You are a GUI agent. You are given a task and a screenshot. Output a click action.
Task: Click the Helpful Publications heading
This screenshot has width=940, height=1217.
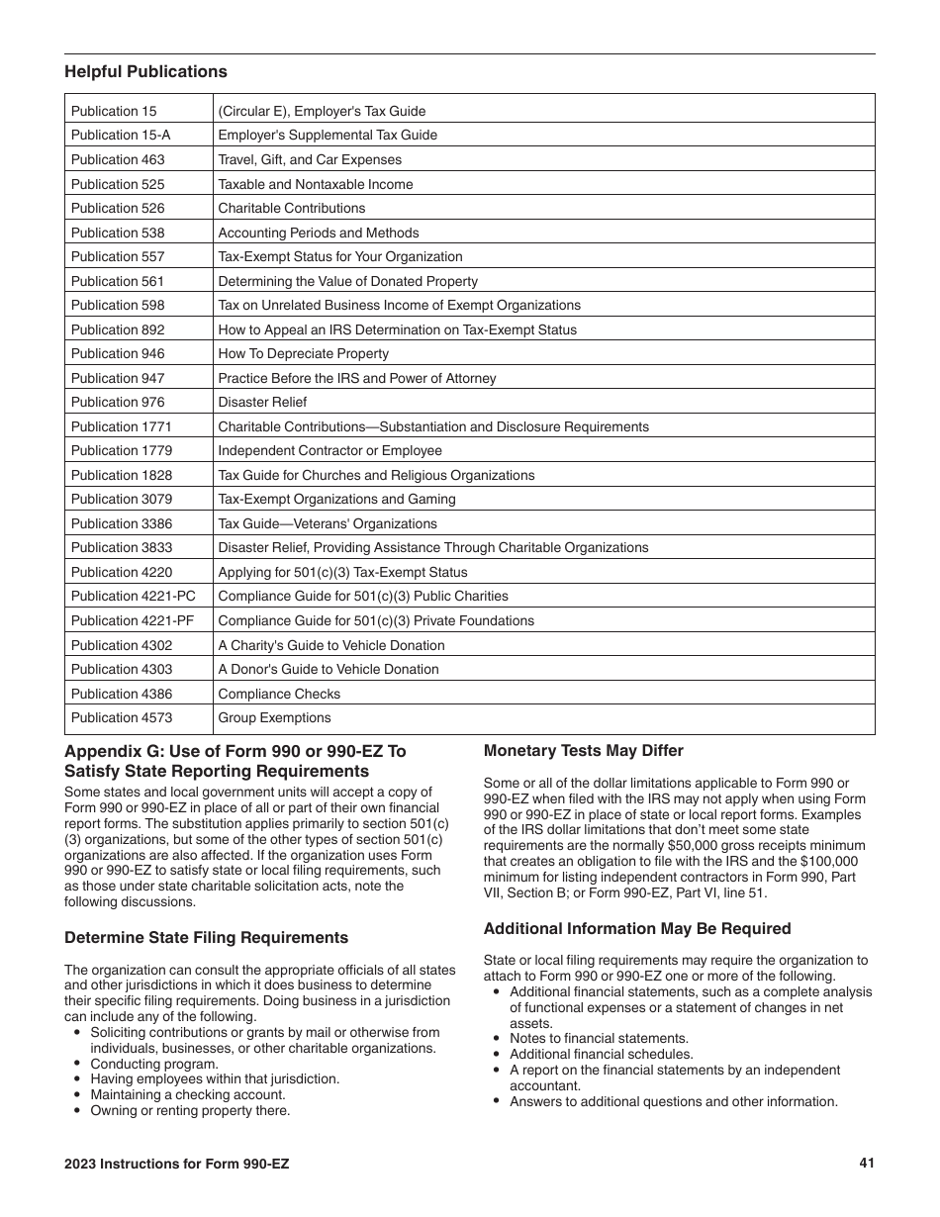[x=145, y=71]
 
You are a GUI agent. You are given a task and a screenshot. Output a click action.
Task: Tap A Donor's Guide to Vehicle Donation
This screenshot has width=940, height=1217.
[x=328, y=669]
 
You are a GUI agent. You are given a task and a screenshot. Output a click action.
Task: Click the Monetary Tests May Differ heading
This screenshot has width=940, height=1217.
[x=583, y=751]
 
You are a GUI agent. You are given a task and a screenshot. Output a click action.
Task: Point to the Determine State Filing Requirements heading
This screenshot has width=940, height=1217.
[x=206, y=938]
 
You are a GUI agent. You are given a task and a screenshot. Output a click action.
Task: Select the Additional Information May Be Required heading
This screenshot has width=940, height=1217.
[x=637, y=929]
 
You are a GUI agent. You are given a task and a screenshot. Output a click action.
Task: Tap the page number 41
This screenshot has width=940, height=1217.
[x=867, y=1164]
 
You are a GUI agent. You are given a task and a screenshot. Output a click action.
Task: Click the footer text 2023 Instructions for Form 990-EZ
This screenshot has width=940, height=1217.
[x=177, y=1165]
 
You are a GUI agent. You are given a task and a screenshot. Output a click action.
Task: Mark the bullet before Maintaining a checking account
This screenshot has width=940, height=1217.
[x=78, y=1095]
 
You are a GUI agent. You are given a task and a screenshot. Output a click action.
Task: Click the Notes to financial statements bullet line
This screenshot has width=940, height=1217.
[x=599, y=1039]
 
